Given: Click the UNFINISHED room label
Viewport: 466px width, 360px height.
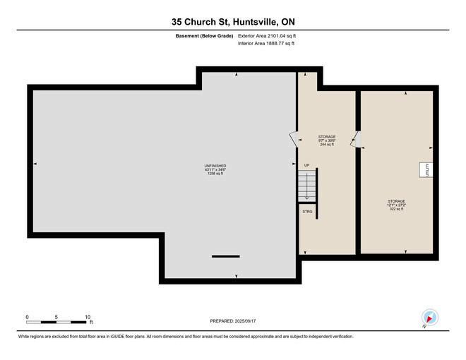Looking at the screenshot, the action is click(215, 166).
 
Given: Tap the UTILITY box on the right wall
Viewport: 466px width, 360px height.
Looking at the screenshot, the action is click(426, 170).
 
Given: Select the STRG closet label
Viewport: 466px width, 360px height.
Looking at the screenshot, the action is click(307, 212).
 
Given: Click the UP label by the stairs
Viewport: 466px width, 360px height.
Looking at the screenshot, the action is click(306, 165).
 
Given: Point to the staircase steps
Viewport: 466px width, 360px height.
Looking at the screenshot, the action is click(307, 186).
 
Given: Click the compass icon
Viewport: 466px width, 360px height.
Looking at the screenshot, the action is click(430, 318).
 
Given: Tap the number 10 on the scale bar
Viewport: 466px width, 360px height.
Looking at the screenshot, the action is click(88, 317).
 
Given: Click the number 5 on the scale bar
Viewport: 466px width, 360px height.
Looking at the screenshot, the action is click(56, 317).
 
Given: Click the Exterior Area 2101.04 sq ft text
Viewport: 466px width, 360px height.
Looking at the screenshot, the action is click(267, 36).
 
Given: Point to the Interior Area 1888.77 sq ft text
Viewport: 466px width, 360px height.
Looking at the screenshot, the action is click(266, 43).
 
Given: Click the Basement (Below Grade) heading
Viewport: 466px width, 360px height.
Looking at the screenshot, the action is click(204, 36).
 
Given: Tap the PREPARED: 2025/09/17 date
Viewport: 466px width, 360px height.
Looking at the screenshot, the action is click(233, 321).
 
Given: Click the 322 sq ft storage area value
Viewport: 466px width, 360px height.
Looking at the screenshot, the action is click(397, 209).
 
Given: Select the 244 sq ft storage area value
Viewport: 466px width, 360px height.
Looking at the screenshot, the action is click(327, 145).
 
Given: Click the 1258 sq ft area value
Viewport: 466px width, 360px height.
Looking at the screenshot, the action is click(215, 174).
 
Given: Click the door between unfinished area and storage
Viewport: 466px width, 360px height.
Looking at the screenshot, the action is click(294, 139).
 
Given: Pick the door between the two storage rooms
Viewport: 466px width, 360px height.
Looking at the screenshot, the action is click(355, 139).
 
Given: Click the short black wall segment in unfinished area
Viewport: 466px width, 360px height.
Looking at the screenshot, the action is click(225, 256).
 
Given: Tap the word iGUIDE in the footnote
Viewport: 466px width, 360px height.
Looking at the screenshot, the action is click(117, 337).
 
